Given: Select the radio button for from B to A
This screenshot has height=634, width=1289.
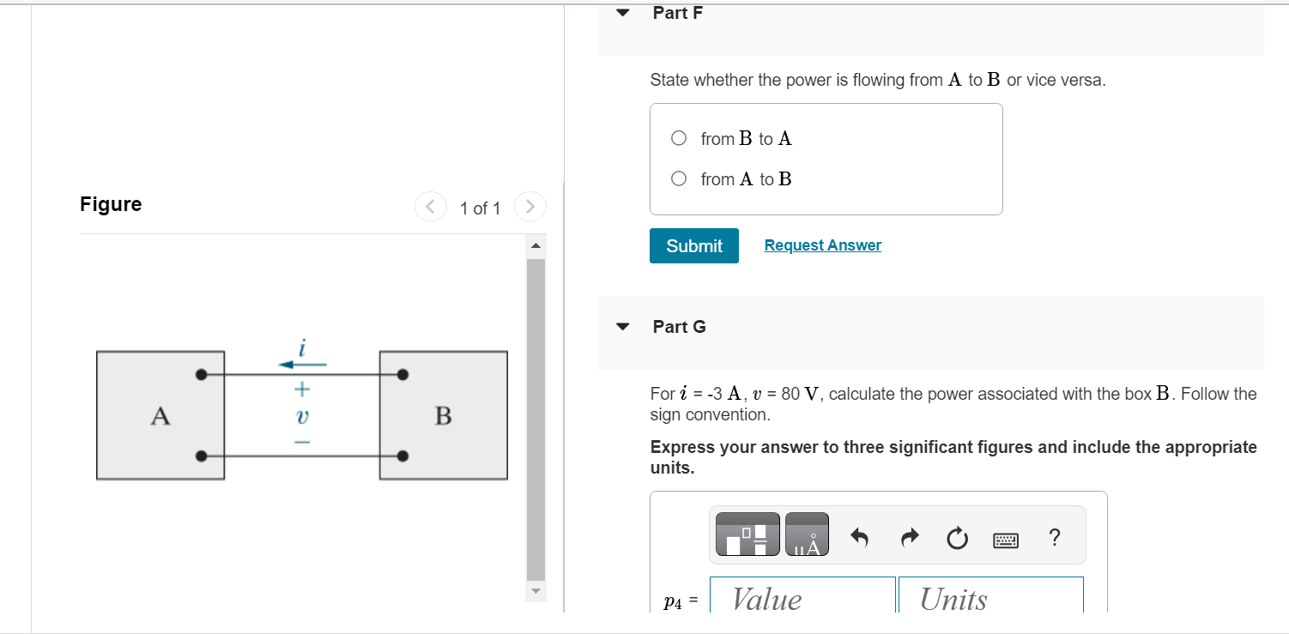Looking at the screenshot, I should pos(679,138).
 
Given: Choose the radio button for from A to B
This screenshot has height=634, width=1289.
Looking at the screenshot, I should pos(679,178).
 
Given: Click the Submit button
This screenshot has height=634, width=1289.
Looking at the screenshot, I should pos(693,245).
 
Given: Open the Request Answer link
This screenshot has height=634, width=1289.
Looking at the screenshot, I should pos(822,245).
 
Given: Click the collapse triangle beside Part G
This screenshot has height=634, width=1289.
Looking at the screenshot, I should pos(624,327).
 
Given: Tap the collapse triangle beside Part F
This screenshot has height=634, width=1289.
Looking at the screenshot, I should pos(624,13).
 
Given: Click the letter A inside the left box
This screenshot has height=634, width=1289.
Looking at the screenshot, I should pos(160,416).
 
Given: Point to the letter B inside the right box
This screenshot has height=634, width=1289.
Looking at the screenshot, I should pos(443,416).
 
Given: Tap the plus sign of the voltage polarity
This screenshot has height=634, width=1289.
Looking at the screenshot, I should pos(301,389).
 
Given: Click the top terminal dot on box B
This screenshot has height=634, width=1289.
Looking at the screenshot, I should pos(402,374).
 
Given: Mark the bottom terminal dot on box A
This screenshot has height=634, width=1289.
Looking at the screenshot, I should pos(201,456).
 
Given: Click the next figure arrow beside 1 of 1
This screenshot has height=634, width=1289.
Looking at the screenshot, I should pos(530,207).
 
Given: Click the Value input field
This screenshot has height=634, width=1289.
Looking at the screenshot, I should pos(802,598).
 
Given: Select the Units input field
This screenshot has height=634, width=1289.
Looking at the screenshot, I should pos(990,598).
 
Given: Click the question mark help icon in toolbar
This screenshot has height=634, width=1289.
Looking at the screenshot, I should pos(1055,538).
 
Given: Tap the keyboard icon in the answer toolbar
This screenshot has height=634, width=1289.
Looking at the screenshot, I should pos(1006,540).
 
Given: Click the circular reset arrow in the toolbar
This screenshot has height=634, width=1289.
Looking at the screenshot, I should pos(957,539).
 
